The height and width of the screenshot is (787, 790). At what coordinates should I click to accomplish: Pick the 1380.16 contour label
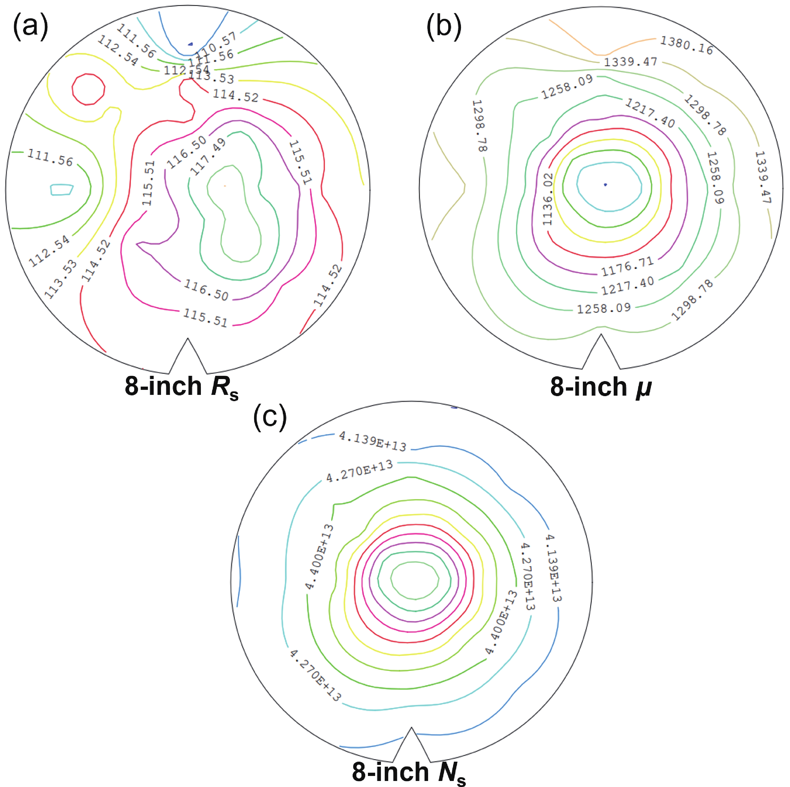[x=687, y=45]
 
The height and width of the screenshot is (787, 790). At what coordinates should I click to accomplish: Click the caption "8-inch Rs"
[x=181, y=387]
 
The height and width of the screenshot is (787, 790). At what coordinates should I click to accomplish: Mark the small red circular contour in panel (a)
[x=88, y=89]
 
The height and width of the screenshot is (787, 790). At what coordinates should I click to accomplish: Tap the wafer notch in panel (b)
[x=601, y=352]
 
